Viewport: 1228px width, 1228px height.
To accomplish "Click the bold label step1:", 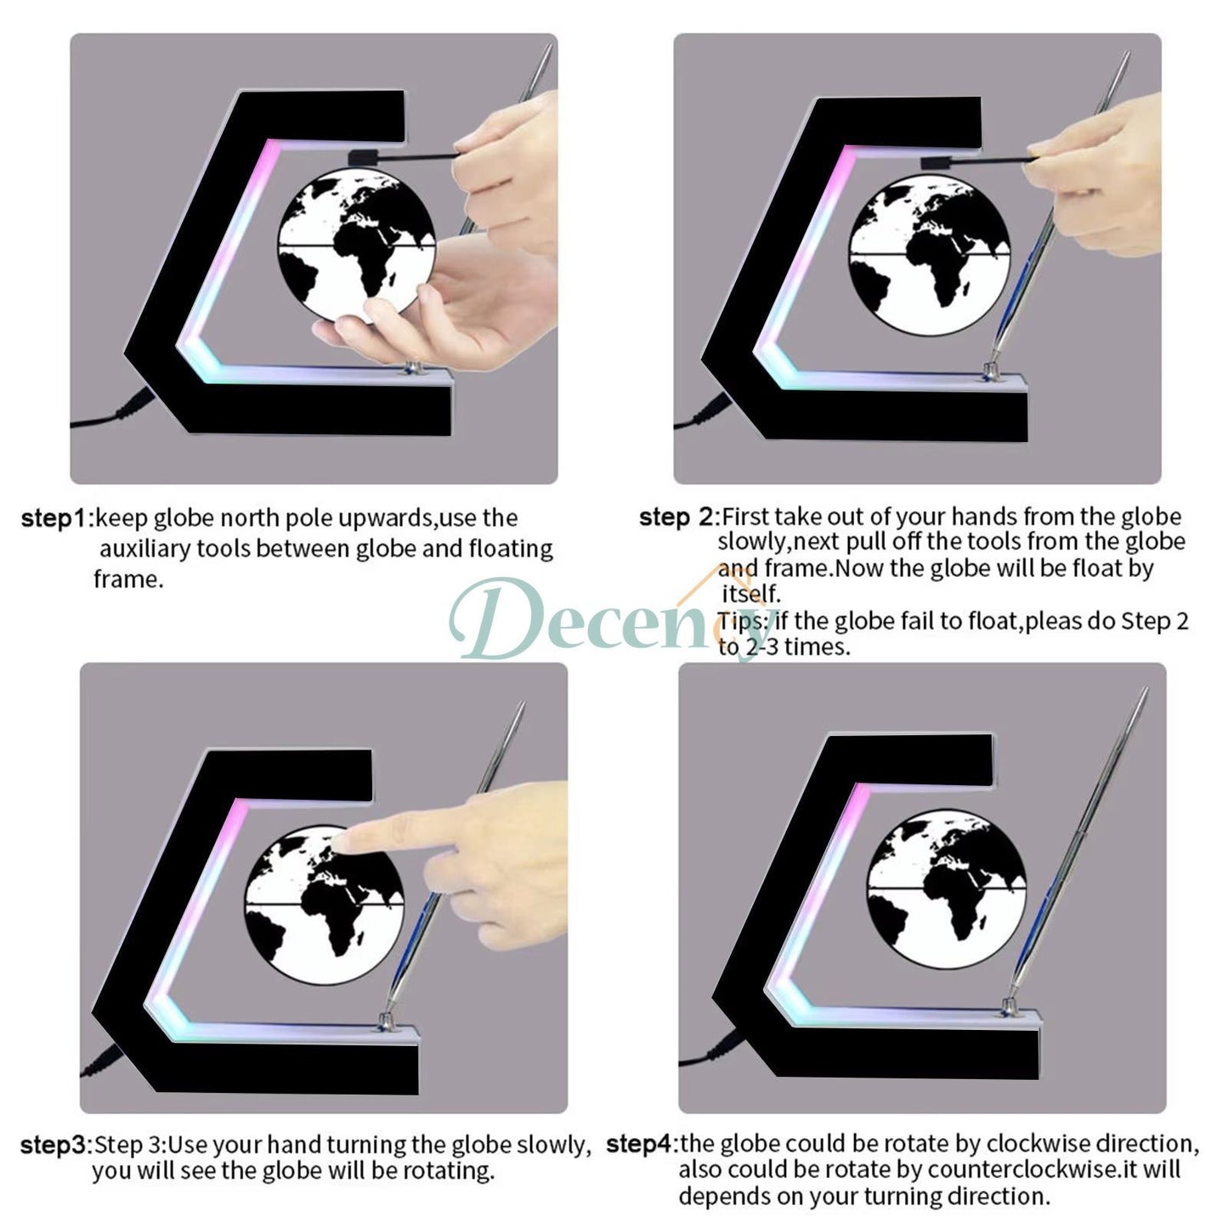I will pyautogui.click(x=56, y=518).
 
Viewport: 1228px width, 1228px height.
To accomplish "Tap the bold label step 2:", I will pyautogui.click(x=678, y=517).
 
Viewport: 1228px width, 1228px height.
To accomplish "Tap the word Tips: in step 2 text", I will pyautogui.click(x=744, y=621).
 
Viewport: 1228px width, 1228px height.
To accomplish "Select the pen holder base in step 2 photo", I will pyautogui.click(x=990, y=371).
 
